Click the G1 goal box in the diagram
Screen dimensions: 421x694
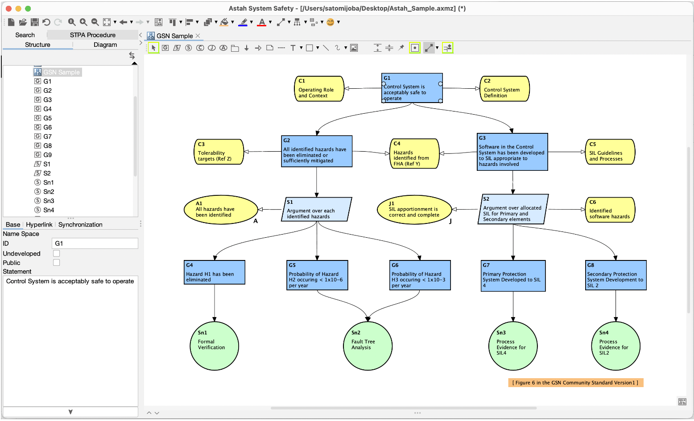412,88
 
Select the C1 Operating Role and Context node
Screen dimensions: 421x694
319,89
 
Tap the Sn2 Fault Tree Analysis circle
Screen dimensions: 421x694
368,346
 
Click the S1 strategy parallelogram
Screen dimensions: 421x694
317,210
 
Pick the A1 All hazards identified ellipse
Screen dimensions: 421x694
221,210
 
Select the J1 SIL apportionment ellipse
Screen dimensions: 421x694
414,210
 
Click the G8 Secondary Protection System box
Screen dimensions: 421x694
616,276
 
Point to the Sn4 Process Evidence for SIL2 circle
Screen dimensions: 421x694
616,346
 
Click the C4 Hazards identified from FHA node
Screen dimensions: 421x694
414,154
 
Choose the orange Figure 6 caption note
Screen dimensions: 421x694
575,383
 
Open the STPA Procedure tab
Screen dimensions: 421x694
92,35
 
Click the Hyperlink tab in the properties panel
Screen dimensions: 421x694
39,224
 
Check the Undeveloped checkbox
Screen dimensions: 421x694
57,253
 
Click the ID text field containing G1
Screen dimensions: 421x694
95,244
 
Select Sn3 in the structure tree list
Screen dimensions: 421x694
49,201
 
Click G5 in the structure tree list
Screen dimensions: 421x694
47,118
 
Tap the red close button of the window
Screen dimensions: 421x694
8,8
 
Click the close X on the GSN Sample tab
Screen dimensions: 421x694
198,36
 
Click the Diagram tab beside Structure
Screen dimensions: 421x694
105,45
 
